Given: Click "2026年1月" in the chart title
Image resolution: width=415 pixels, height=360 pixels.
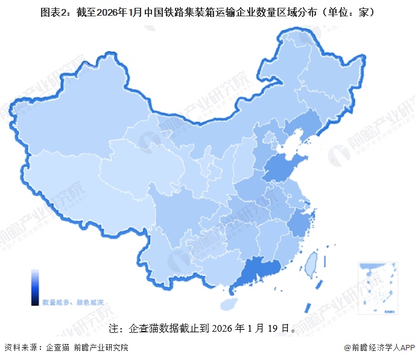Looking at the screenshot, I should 115,11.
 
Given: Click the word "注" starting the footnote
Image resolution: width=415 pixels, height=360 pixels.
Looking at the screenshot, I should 113,329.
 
